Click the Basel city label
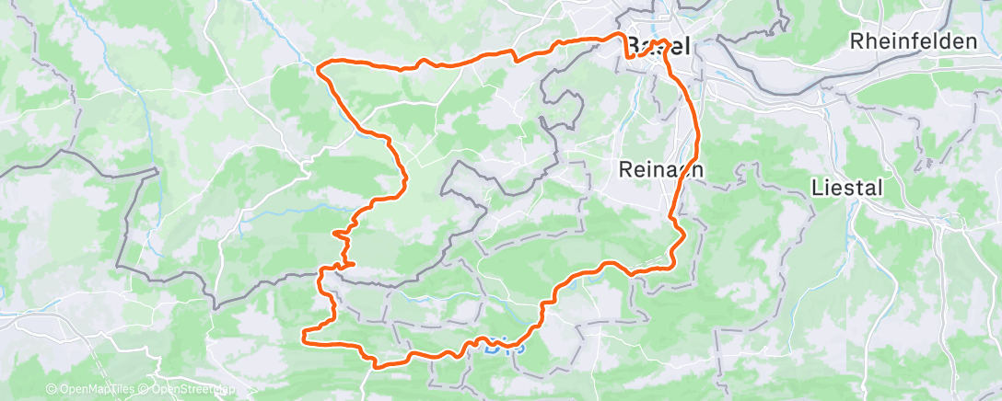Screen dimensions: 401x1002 pyautogui.click(x=658, y=46)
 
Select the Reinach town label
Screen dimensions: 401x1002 pyautogui.click(x=661, y=168)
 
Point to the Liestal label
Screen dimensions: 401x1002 pyautogui.click(x=847, y=188)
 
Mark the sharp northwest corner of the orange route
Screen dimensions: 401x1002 pyautogui.click(x=319, y=67)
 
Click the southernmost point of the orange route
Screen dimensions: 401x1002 pyautogui.click(x=377, y=364)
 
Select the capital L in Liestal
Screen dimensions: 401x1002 pyautogui.click(x=817, y=188)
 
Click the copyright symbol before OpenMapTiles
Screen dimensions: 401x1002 pyautogui.click(x=51, y=389)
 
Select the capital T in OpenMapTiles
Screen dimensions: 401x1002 pyautogui.click(x=108, y=389)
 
